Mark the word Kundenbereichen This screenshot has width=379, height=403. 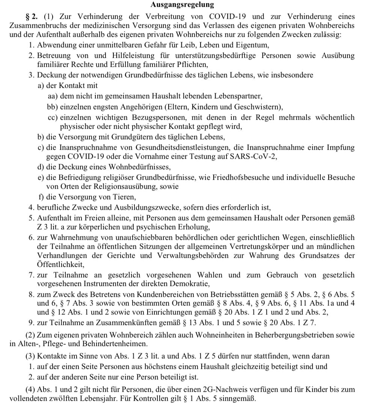point(168,293)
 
